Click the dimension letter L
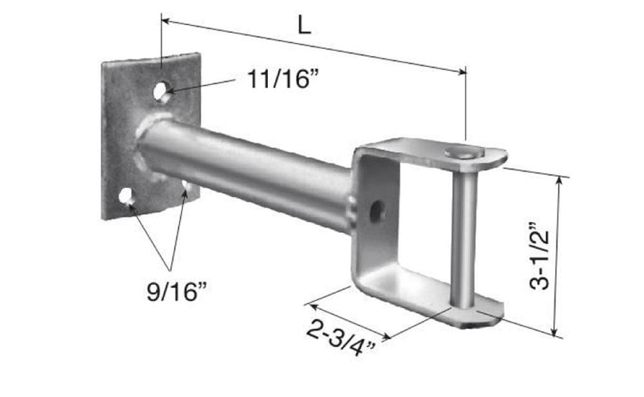[304, 25]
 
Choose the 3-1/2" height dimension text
[541, 256]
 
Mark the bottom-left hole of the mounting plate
[126, 196]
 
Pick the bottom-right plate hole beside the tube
[186, 186]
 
